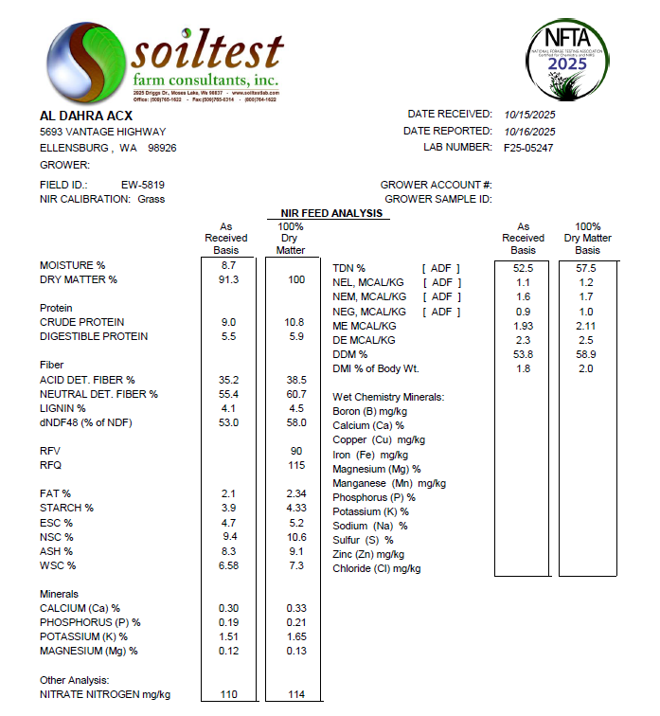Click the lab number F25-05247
coord(528,148)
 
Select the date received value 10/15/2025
coord(530,114)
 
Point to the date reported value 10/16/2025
coord(530,131)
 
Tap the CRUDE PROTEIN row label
coord(81,322)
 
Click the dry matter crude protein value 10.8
coord(296,322)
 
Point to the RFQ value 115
coord(296,465)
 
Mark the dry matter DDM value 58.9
coord(588,353)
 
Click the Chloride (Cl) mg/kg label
coord(377,568)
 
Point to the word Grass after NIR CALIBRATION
coord(152,199)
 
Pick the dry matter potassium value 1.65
coord(296,636)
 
